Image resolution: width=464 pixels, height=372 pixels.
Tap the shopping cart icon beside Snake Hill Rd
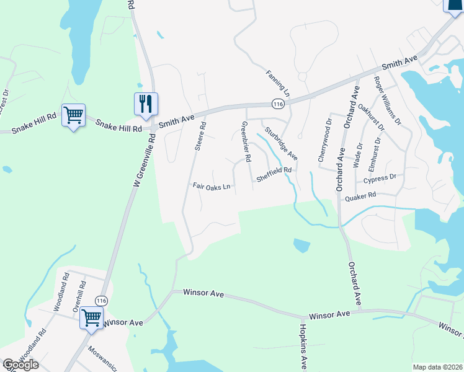click(73, 115)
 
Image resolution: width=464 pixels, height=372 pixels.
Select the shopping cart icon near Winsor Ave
click(91, 317)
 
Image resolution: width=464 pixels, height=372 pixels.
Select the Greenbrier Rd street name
click(246, 142)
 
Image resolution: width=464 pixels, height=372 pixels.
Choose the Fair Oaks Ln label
click(211, 186)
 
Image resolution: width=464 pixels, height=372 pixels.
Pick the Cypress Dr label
click(379, 179)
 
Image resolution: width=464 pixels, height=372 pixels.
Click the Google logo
click(20, 365)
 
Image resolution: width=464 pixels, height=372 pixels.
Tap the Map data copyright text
click(437, 367)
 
